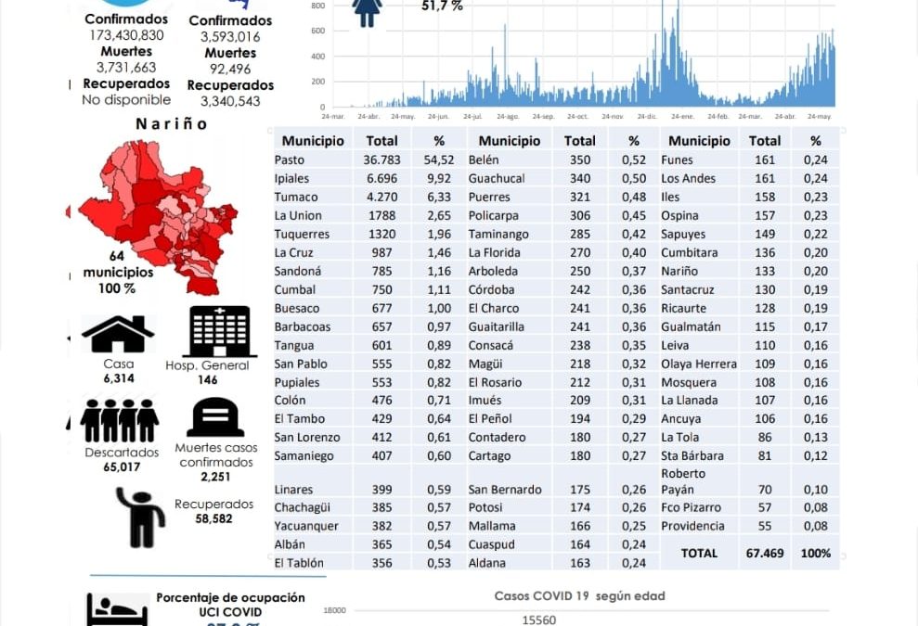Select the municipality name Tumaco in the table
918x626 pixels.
click(x=295, y=198)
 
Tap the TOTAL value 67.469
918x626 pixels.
click(x=765, y=553)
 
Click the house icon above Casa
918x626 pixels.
click(x=118, y=335)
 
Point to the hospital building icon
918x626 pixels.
click(x=220, y=331)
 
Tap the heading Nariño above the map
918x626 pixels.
click(x=171, y=124)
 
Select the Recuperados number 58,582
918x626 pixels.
click(x=213, y=520)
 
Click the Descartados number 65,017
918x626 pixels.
click(x=120, y=466)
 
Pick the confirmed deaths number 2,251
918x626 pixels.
click(x=215, y=477)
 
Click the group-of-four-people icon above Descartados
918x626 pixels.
click(x=120, y=420)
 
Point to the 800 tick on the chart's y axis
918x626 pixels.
click(x=317, y=6)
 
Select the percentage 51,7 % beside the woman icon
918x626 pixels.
click(x=442, y=6)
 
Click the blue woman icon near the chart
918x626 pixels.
click(x=368, y=12)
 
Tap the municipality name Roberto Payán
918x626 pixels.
click(x=684, y=481)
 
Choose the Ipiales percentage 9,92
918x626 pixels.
click(x=439, y=179)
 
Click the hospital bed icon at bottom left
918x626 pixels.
click(x=117, y=610)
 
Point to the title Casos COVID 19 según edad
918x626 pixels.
click(x=579, y=596)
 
